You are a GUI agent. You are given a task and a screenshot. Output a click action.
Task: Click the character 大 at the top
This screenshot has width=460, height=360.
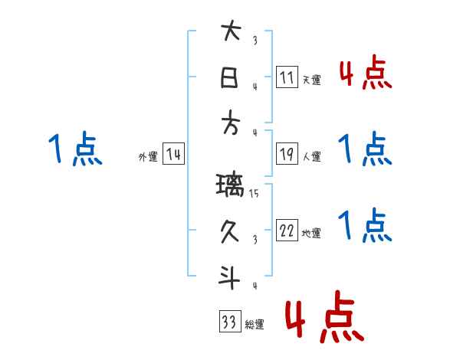(231, 32)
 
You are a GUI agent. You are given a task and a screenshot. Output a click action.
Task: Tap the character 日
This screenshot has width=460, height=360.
(230, 77)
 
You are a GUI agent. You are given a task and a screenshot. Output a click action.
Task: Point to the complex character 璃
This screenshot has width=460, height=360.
(230, 185)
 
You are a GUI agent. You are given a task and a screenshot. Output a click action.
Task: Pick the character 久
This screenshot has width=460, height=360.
(230, 231)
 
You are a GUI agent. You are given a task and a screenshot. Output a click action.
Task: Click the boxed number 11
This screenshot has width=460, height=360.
(287, 77)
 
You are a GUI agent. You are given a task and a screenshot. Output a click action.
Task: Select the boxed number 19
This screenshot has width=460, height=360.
(287, 153)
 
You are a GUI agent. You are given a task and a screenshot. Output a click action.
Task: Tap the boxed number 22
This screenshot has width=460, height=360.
(287, 230)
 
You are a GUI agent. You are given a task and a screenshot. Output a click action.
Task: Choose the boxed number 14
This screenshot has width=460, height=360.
(174, 155)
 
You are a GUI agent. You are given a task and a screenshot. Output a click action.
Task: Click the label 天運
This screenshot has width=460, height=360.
(311, 80)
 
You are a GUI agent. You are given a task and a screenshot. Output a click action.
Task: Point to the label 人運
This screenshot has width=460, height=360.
(311, 157)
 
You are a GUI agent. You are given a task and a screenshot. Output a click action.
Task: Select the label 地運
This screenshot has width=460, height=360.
(311, 234)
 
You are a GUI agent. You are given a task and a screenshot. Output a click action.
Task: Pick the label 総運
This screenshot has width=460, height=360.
(255, 325)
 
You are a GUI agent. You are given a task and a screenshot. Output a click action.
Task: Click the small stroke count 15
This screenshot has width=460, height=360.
(254, 194)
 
